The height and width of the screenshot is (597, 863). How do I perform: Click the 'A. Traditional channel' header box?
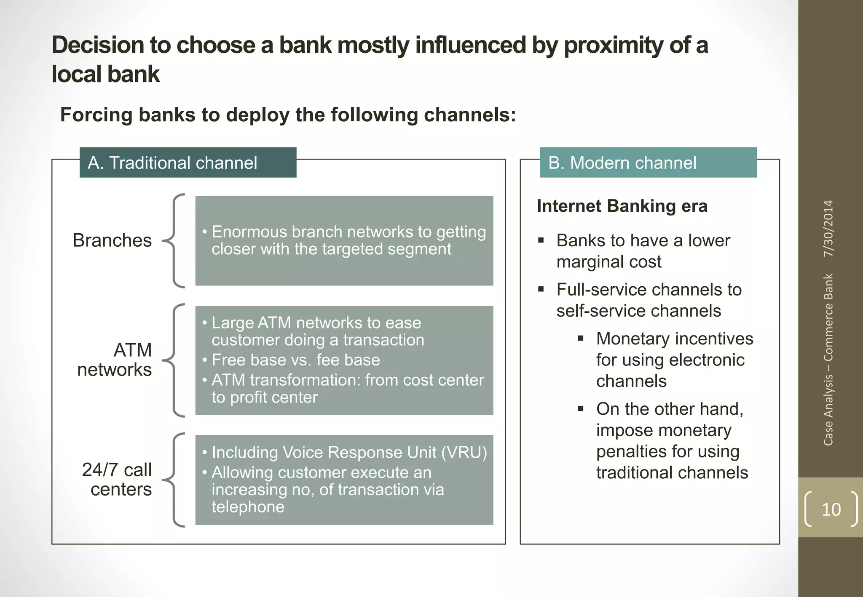188,163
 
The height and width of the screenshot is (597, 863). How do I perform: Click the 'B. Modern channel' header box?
648,163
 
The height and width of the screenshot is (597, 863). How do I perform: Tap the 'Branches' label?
112,240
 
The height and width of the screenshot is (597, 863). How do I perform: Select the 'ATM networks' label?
115,360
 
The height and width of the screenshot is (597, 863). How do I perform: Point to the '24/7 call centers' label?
117,480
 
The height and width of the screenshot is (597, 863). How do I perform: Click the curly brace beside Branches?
174,241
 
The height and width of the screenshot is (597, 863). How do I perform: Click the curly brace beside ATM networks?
174,360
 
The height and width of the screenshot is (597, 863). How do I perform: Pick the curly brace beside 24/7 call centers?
174,480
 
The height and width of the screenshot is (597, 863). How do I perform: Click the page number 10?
831,509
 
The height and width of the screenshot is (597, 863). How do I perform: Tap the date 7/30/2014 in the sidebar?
828,229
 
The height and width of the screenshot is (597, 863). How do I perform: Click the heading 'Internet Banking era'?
622,206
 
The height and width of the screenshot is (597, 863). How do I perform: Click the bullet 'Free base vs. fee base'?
295,360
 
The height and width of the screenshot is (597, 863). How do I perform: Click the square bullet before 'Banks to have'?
541,241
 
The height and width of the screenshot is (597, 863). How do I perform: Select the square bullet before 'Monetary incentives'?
581,338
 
